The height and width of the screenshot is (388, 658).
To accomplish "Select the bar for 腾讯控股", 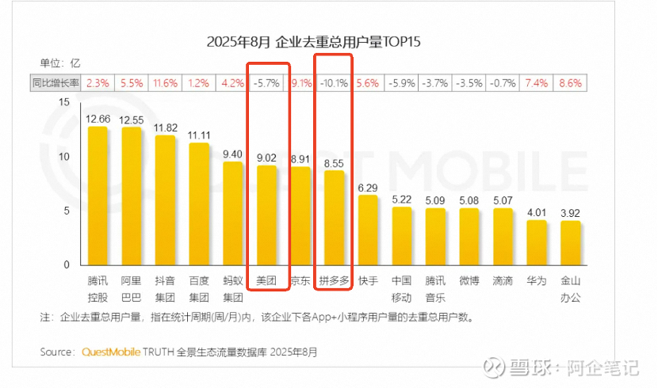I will pos(98,195).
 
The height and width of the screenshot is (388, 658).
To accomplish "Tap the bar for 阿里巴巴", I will pos(132,196).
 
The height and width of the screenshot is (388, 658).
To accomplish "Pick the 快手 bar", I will pos(368,230).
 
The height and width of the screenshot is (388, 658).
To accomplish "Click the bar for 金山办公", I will pos(570,243).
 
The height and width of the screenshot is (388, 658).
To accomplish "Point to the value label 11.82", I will pos(165,127).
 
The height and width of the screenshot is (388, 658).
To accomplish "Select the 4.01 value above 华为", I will pos(537,211).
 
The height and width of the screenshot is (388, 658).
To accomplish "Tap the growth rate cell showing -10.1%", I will pos(334,83).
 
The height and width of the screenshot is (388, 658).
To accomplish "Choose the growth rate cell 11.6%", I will pos(166,83).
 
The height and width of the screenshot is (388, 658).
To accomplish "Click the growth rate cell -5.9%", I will pos(402,83).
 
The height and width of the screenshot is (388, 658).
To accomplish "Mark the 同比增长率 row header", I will pos(55,83).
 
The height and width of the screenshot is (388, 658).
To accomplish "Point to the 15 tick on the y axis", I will pos(65,101).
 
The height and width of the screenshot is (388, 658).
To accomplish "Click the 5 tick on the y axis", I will pos(67,211).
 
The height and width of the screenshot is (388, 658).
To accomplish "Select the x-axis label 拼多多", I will pos(334,281).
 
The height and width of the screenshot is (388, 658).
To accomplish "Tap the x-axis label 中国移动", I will pos(402,288).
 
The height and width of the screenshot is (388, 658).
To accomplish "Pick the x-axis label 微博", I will pos(469,281).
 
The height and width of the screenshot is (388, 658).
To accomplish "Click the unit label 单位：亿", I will pos(60,63).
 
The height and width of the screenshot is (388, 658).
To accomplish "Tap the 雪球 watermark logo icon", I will pos(496,367).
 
